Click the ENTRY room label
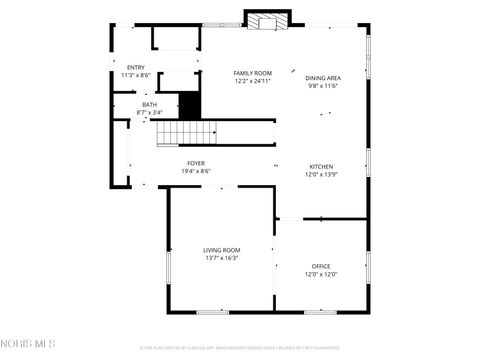click(135, 67)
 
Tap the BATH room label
click(149, 104)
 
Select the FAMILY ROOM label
click(252, 73)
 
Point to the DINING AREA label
click(323, 78)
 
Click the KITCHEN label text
click(321, 166)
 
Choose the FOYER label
click(196, 163)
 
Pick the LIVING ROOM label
click(221, 250)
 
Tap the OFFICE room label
click(321, 266)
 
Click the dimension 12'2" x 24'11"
click(252, 81)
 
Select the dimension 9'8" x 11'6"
click(323, 86)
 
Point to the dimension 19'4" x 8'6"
click(196, 171)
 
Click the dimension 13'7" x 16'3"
click(221, 258)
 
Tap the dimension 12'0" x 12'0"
click(321, 274)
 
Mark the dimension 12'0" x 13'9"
click(321, 174)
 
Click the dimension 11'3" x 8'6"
click(135, 75)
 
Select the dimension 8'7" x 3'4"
click(149, 112)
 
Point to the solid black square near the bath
click(189, 105)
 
